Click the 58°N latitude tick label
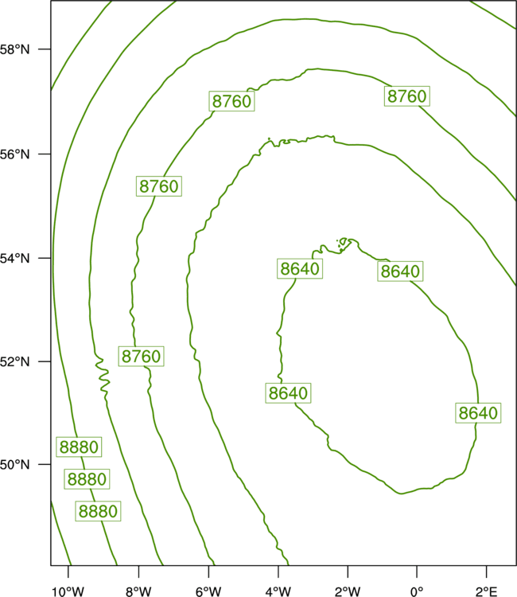point(14,49)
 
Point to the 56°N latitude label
point(14,154)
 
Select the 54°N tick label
point(14,259)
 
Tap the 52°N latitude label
point(14,361)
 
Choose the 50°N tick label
point(14,465)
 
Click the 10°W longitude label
point(68,591)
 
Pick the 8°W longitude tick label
point(138,591)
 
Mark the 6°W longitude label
point(208,591)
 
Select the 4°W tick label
point(278,591)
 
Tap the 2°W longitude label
point(348,591)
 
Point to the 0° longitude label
point(417,591)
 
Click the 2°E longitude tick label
point(487,591)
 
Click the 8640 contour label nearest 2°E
point(478,412)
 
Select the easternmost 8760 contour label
point(407,96)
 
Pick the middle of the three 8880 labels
point(87,479)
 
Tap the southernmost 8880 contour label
point(98,511)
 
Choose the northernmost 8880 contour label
point(79,447)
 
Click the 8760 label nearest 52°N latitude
point(141,357)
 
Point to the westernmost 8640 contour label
point(288,393)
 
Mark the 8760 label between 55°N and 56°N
point(159,186)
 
